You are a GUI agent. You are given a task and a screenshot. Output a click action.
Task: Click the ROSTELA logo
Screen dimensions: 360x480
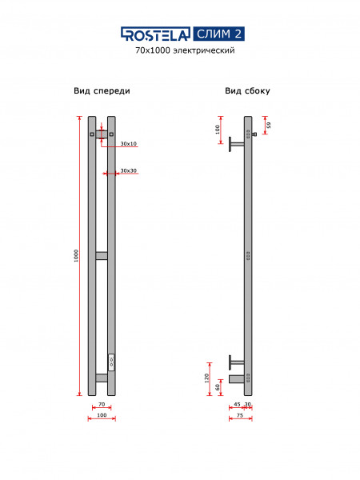click(x=155, y=34)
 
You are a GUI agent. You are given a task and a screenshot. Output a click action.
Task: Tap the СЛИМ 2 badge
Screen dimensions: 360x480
click(x=219, y=34)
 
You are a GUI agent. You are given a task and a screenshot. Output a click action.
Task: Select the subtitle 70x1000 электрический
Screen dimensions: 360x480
click(x=185, y=50)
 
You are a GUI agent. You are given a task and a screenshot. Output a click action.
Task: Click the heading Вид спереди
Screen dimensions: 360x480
click(x=102, y=91)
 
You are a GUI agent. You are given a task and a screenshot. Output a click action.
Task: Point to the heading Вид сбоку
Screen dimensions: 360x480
click(x=247, y=90)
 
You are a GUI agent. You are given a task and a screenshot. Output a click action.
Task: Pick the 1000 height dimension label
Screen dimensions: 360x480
click(x=76, y=256)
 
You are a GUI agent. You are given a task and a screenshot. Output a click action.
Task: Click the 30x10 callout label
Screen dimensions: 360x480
click(x=129, y=143)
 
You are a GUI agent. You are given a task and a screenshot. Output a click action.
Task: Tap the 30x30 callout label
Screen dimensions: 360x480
click(x=129, y=170)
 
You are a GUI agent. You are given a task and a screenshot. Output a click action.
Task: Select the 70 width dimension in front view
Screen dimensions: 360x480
click(x=102, y=404)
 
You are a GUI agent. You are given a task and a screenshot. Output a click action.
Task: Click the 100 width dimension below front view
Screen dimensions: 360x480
click(x=102, y=415)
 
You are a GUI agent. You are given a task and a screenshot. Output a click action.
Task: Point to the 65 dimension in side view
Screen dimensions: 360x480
click(x=269, y=125)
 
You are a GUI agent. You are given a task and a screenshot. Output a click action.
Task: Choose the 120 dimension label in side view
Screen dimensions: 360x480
click(x=206, y=378)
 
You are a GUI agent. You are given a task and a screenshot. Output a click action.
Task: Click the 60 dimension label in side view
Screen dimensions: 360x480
click(x=218, y=387)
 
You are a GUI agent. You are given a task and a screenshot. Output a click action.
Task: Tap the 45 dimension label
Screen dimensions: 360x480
click(x=237, y=404)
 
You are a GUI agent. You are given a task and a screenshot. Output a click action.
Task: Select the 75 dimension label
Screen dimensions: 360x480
click(x=240, y=415)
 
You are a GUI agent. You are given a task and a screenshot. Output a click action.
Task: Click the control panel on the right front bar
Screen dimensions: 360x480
click(x=112, y=362)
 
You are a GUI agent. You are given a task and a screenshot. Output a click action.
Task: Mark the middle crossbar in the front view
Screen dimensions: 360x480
click(x=102, y=256)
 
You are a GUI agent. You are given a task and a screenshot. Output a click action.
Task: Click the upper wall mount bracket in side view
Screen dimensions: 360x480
click(x=237, y=144)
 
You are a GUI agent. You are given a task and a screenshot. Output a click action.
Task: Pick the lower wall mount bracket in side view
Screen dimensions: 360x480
click(x=237, y=362)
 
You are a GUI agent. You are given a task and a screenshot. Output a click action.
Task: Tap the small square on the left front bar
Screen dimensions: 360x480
click(x=92, y=134)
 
